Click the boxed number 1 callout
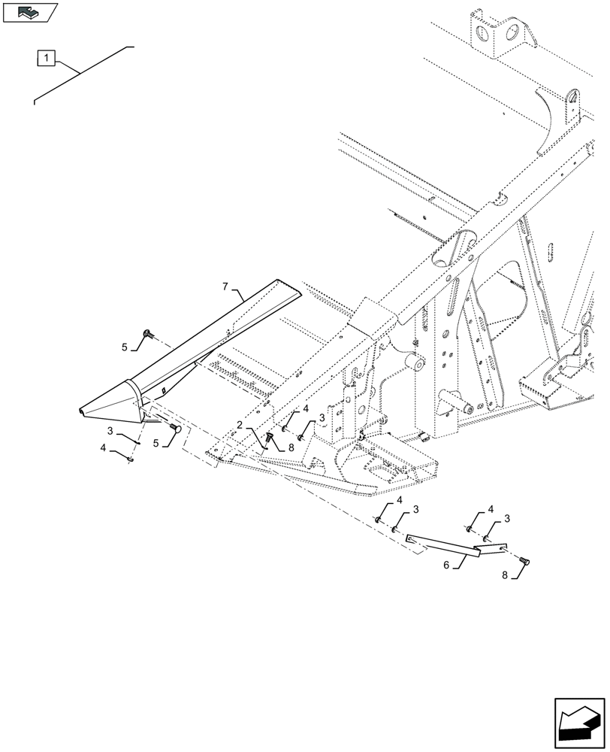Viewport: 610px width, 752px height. click(47, 57)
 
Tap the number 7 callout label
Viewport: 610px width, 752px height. click(224, 286)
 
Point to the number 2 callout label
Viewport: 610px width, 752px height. click(239, 425)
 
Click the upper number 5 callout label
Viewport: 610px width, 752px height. click(125, 347)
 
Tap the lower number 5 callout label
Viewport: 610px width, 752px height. click(157, 443)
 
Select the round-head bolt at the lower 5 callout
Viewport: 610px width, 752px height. click(177, 427)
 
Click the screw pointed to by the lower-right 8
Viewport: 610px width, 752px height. click(525, 560)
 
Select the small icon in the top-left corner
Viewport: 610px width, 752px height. click(30, 12)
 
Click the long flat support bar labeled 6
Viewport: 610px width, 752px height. click(443, 547)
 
